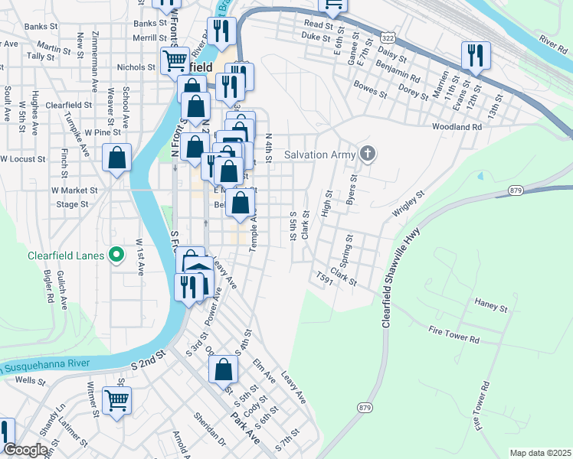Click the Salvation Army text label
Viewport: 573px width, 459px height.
[x=319, y=155]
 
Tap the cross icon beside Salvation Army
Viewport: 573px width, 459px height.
[x=368, y=154]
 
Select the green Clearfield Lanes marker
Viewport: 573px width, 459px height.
[x=116, y=255]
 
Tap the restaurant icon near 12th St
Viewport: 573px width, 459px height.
[x=475, y=56]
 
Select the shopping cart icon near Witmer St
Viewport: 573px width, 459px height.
[x=116, y=399]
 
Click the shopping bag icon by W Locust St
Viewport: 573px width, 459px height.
[x=116, y=158]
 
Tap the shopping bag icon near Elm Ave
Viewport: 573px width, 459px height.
[x=222, y=369]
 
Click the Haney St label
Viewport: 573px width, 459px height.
[x=491, y=308]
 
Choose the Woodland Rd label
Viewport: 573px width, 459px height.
[x=456, y=127]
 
